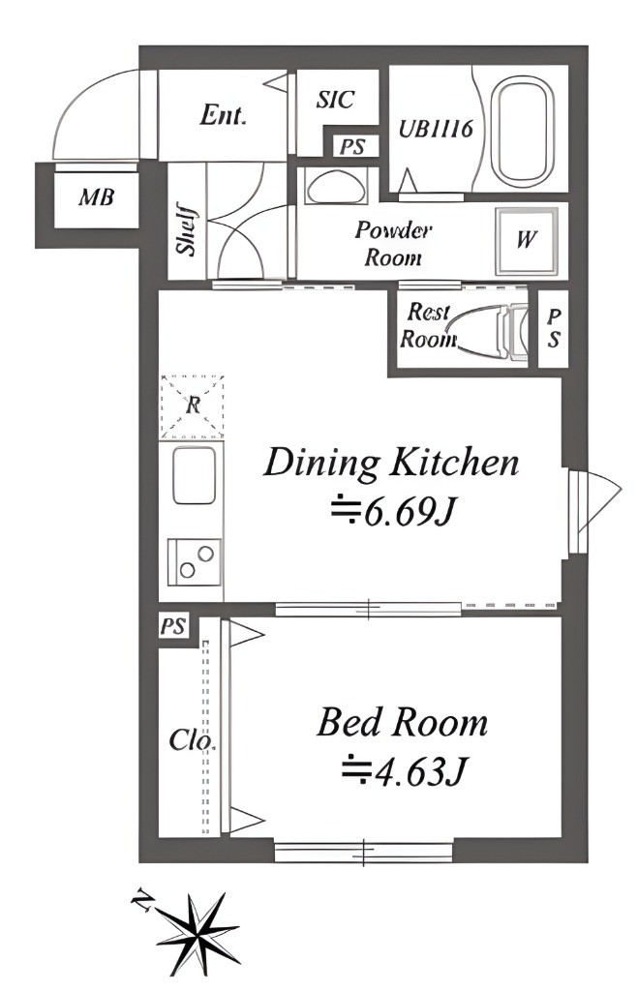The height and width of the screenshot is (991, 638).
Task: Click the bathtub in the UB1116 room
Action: pos(522,132)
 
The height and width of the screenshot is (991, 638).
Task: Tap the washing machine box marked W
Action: pos(527,240)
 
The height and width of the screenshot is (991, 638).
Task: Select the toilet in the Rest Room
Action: pos(487,332)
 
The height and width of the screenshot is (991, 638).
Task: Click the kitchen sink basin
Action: pos(195,474)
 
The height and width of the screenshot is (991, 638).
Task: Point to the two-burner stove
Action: pos(195,562)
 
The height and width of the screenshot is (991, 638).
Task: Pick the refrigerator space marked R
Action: pos(192,406)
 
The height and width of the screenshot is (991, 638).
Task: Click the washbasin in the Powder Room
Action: pos(335,186)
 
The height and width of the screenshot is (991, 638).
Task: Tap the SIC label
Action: pos(335,100)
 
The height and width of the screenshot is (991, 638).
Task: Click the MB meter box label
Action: pos(96,197)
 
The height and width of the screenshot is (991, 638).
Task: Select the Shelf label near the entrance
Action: pos(187,228)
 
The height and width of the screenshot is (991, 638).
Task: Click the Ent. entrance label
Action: pos(223,115)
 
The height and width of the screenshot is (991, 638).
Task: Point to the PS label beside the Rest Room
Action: pos(553,328)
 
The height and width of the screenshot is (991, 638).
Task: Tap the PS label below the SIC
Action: pos(352,147)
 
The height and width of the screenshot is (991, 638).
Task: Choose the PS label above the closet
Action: pos(172,626)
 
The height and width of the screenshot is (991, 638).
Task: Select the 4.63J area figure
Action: pos(404,770)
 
